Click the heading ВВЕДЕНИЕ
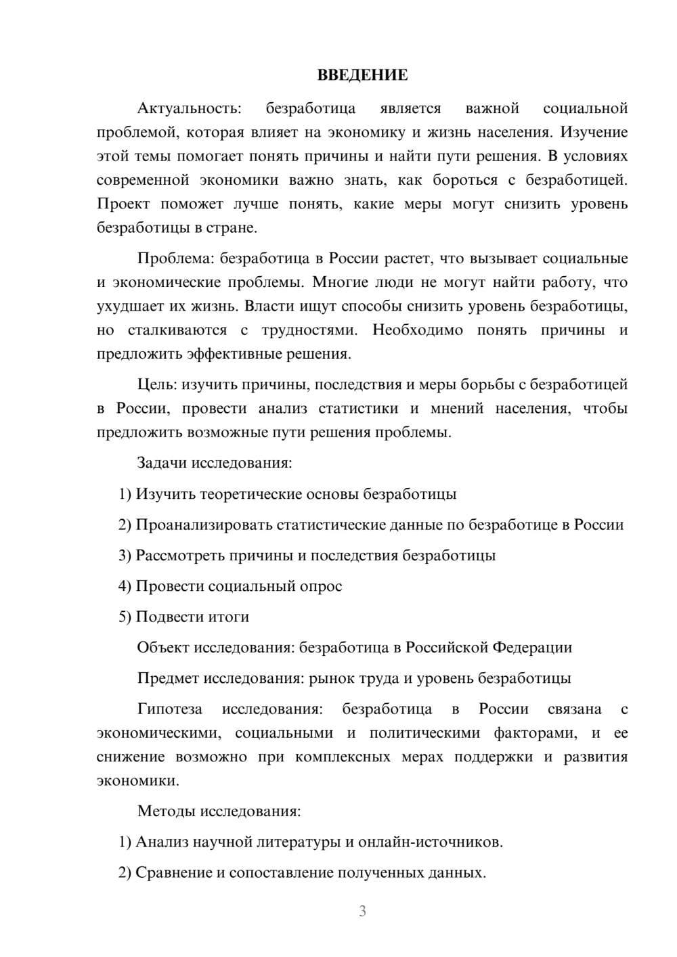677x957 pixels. click(x=362, y=75)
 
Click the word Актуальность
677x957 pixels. click(x=188, y=108)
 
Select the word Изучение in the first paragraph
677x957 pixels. click(x=594, y=132)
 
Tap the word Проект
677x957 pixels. click(x=123, y=204)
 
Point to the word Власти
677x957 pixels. click(x=266, y=306)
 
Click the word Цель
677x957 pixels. click(x=156, y=384)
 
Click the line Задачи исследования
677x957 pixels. click(x=214, y=463)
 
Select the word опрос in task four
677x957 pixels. click(x=320, y=586)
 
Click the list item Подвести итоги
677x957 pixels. click(x=192, y=617)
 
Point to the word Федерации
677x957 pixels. click(x=531, y=648)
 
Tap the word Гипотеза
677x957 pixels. click(x=169, y=709)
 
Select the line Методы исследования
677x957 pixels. click(x=219, y=811)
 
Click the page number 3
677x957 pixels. click(x=362, y=911)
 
